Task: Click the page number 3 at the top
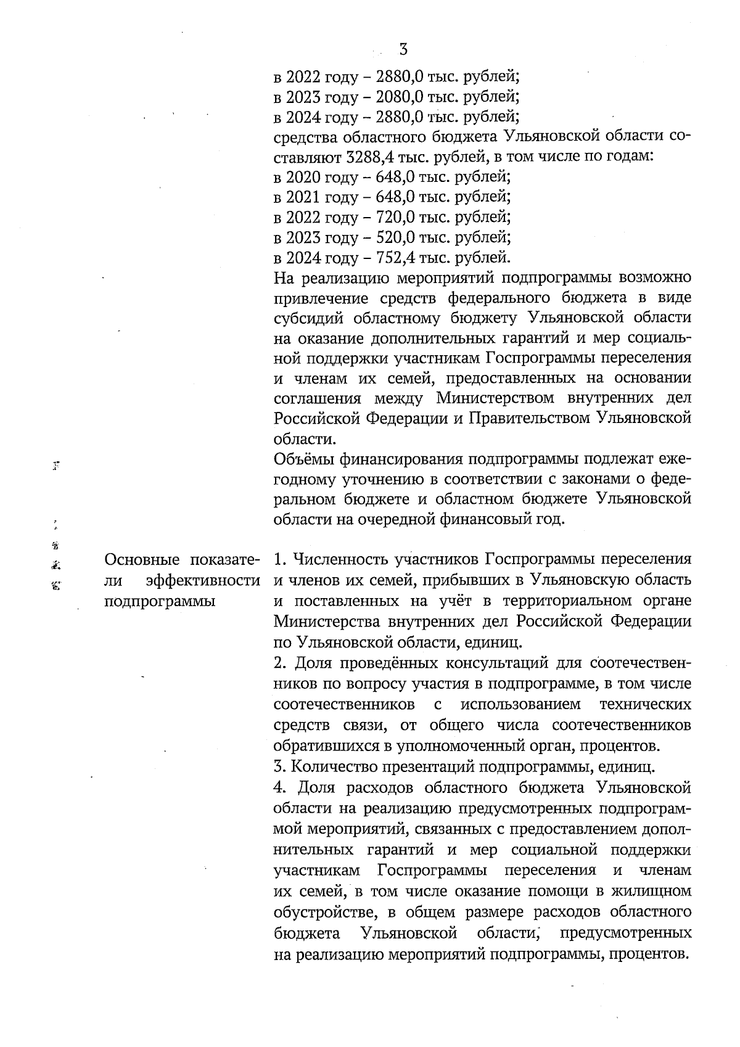pos(404,49)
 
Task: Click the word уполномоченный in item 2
pos(456,747)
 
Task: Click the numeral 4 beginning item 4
pos(279,788)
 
